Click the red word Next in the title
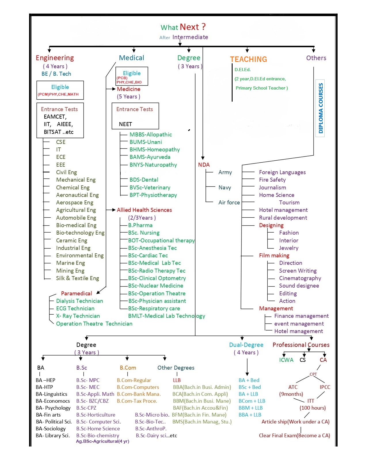(x=189, y=27)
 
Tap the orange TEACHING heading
(x=248, y=59)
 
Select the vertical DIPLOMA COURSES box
(x=320, y=108)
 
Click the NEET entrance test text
(x=125, y=124)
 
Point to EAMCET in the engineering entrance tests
(x=55, y=117)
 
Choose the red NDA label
(x=204, y=165)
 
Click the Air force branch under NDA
(x=229, y=202)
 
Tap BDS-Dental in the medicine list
(x=144, y=180)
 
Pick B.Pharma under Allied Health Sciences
(x=140, y=225)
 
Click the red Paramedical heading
(x=76, y=293)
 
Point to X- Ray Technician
(x=78, y=316)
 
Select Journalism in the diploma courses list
(x=272, y=187)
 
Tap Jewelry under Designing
(x=288, y=248)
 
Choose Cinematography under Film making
(x=300, y=278)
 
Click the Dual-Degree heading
(x=246, y=345)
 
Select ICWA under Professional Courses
(x=286, y=360)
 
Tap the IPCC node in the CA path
(x=325, y=387)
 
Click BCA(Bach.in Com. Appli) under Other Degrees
(x=200, y=394)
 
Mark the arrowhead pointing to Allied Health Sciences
(x=114, y=210)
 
